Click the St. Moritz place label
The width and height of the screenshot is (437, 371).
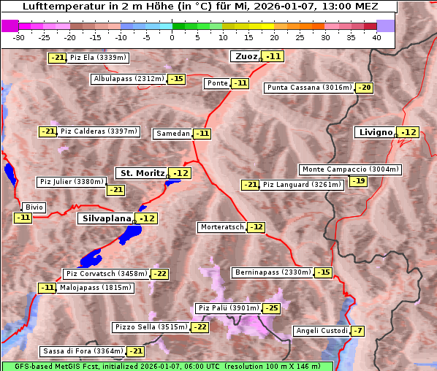tap(141, 173)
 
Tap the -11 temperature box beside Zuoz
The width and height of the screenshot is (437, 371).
tap(273, 56)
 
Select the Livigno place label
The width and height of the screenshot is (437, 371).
tap(375, 132)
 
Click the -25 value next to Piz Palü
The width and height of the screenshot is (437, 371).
tap(271, 308)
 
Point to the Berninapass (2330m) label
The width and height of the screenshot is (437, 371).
tap(273, 272)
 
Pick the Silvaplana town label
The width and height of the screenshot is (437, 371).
tap(106, 218)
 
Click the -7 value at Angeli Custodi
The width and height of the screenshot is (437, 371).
tap(357, 331)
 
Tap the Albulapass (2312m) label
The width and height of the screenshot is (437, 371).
tap(128, 78)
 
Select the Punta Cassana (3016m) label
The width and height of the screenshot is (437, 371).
tap(309, 88)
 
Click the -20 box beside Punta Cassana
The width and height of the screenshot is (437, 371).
tap(365, 88)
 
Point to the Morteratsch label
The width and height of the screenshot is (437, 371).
tap(222, 227)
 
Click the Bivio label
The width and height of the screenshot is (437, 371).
tap(34, 207)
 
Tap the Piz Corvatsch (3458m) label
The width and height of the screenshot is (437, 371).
tap(106, 274)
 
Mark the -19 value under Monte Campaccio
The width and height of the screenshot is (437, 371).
tap(358, 181)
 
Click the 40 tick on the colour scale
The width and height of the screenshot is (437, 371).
tap(376, 37)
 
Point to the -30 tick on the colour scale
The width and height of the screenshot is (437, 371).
tap(19, 37)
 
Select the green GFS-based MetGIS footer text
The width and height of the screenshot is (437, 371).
tap(167, 366)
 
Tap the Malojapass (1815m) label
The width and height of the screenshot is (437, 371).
tap(96, 288)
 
